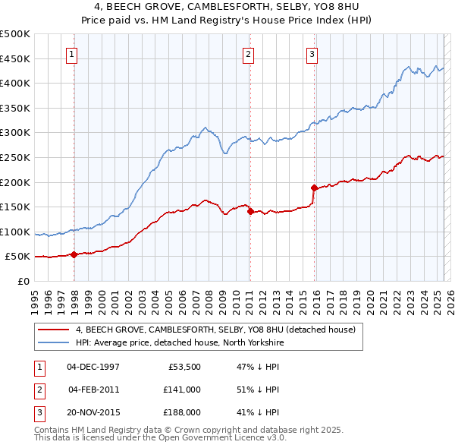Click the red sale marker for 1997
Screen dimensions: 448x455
pos(74,255)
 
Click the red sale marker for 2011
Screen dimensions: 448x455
pos(249,212)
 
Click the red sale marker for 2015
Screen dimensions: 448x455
pos(313,187)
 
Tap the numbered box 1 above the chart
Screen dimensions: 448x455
pos(71,54)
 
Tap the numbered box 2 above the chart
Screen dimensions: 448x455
pos(248,54)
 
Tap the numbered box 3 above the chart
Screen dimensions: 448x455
pos(312,54)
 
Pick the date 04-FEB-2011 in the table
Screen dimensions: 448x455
pos(94,390)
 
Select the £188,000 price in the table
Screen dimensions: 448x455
pos(183,413)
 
